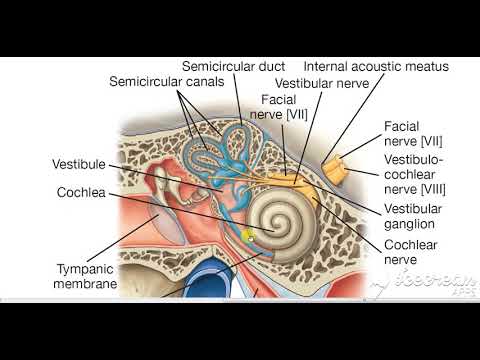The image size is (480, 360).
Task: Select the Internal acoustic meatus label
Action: (375, 67)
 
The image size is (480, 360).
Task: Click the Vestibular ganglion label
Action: (413, 218)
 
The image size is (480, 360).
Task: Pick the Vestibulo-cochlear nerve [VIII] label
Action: (413, 173)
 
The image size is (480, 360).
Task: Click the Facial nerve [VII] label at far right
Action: (413, 135)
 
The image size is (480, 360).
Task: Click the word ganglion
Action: (414, 226)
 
